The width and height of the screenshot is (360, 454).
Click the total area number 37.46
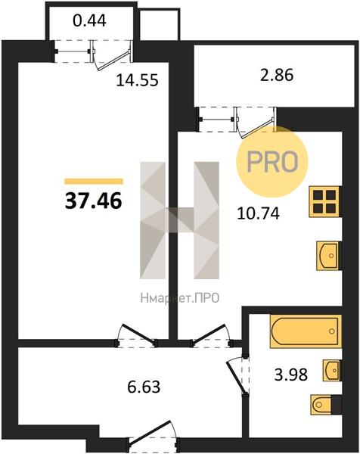tap(94, 201)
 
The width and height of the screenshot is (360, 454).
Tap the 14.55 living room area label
tap(137, 80)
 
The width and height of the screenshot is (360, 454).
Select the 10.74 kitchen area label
tap(258, 214)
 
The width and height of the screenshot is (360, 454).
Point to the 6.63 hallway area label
tap(144, 387)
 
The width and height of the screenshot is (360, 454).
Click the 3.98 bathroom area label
tap(291, 375)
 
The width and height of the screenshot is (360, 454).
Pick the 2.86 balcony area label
tap(277, 75)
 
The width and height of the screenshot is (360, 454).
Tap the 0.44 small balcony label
tap(90, 21)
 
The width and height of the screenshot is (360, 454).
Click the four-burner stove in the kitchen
tap(324, 202)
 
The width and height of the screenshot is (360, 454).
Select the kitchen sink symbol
tap(327, 256)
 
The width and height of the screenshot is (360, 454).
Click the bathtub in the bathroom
tap(306, 331)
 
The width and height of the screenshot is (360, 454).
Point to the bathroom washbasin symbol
tap(332, 370)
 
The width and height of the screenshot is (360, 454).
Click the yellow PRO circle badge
tap(272, 162)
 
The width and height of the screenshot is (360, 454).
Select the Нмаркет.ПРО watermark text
tap(180, 298)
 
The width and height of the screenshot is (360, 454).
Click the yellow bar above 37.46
tap(94, 182)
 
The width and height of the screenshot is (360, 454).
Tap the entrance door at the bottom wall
tap(154, 434)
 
